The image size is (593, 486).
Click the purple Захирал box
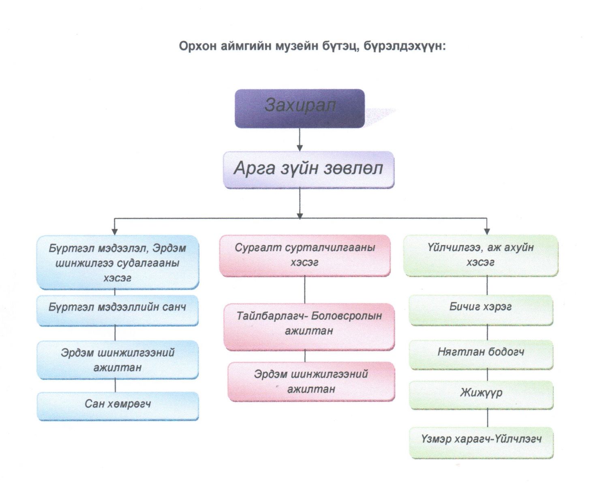pos(300,109)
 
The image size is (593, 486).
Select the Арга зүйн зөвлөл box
pos(308,170)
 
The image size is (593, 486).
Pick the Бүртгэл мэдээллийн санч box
pos(118,310)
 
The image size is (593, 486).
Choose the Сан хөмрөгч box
pos(118,406)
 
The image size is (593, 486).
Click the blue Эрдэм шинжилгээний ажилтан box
pos(118,360)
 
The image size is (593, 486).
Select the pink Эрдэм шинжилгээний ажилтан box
pos(311,382)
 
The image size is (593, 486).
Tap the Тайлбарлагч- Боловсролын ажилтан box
pos(309,327)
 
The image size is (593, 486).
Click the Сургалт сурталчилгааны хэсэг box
pos(305,256)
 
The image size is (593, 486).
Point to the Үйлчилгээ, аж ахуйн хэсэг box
pos(481,256)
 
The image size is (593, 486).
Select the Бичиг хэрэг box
pos(481,310)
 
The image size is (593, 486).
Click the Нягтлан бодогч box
pos(481,354)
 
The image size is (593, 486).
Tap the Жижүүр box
pos(481,395)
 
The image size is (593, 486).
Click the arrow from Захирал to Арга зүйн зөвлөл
pos(300,140)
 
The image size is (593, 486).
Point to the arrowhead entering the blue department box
pos(114,232)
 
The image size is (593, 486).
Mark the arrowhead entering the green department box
pos(487,232)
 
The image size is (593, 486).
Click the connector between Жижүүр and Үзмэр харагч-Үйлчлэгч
pos(488,418)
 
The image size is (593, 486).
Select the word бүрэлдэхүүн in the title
pos(405,46)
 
